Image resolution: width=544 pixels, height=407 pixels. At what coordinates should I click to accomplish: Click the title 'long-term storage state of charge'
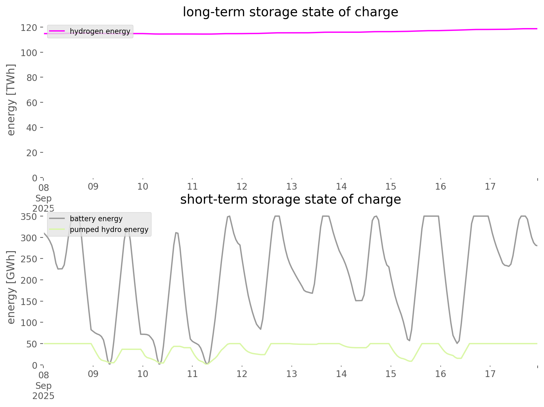(290, 12)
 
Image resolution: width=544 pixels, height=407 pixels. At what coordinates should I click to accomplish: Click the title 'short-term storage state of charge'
(290, 200)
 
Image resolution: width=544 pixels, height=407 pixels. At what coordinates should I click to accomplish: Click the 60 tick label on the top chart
(32, 103)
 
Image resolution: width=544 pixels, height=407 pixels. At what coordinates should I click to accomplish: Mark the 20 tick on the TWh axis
(32, 153)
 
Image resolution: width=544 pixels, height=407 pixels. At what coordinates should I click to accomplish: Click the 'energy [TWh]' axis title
(11, 100)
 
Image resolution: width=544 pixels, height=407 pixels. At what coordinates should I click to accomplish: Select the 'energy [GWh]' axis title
(11, 287)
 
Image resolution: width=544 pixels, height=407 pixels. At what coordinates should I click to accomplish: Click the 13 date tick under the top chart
(291, 187)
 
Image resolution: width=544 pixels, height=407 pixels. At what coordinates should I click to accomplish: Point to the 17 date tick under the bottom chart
(490, 374)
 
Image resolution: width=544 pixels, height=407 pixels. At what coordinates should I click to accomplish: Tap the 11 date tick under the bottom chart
(192, 374)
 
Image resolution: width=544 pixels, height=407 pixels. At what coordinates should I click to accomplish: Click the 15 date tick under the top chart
(391, 187)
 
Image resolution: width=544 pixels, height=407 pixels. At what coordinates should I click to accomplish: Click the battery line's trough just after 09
(110, 363)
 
